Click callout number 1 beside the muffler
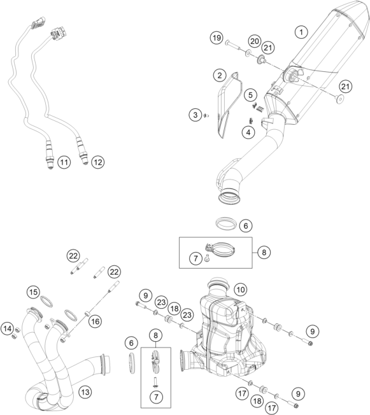pyautogui.click(x=301, y=31)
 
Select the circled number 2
pyautogui.click(x=219, y=75)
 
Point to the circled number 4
pyautogui.click(x=248, y=132)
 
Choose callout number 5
pyautogui.click(x=250, y=95)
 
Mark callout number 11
pyautogui.click(x=64, y=162)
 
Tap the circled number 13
pyautogui.click(x=85, y=391)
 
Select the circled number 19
pyautogui.click(x=217, y=39)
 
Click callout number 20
pyautogui.click(x=254, y=41)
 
